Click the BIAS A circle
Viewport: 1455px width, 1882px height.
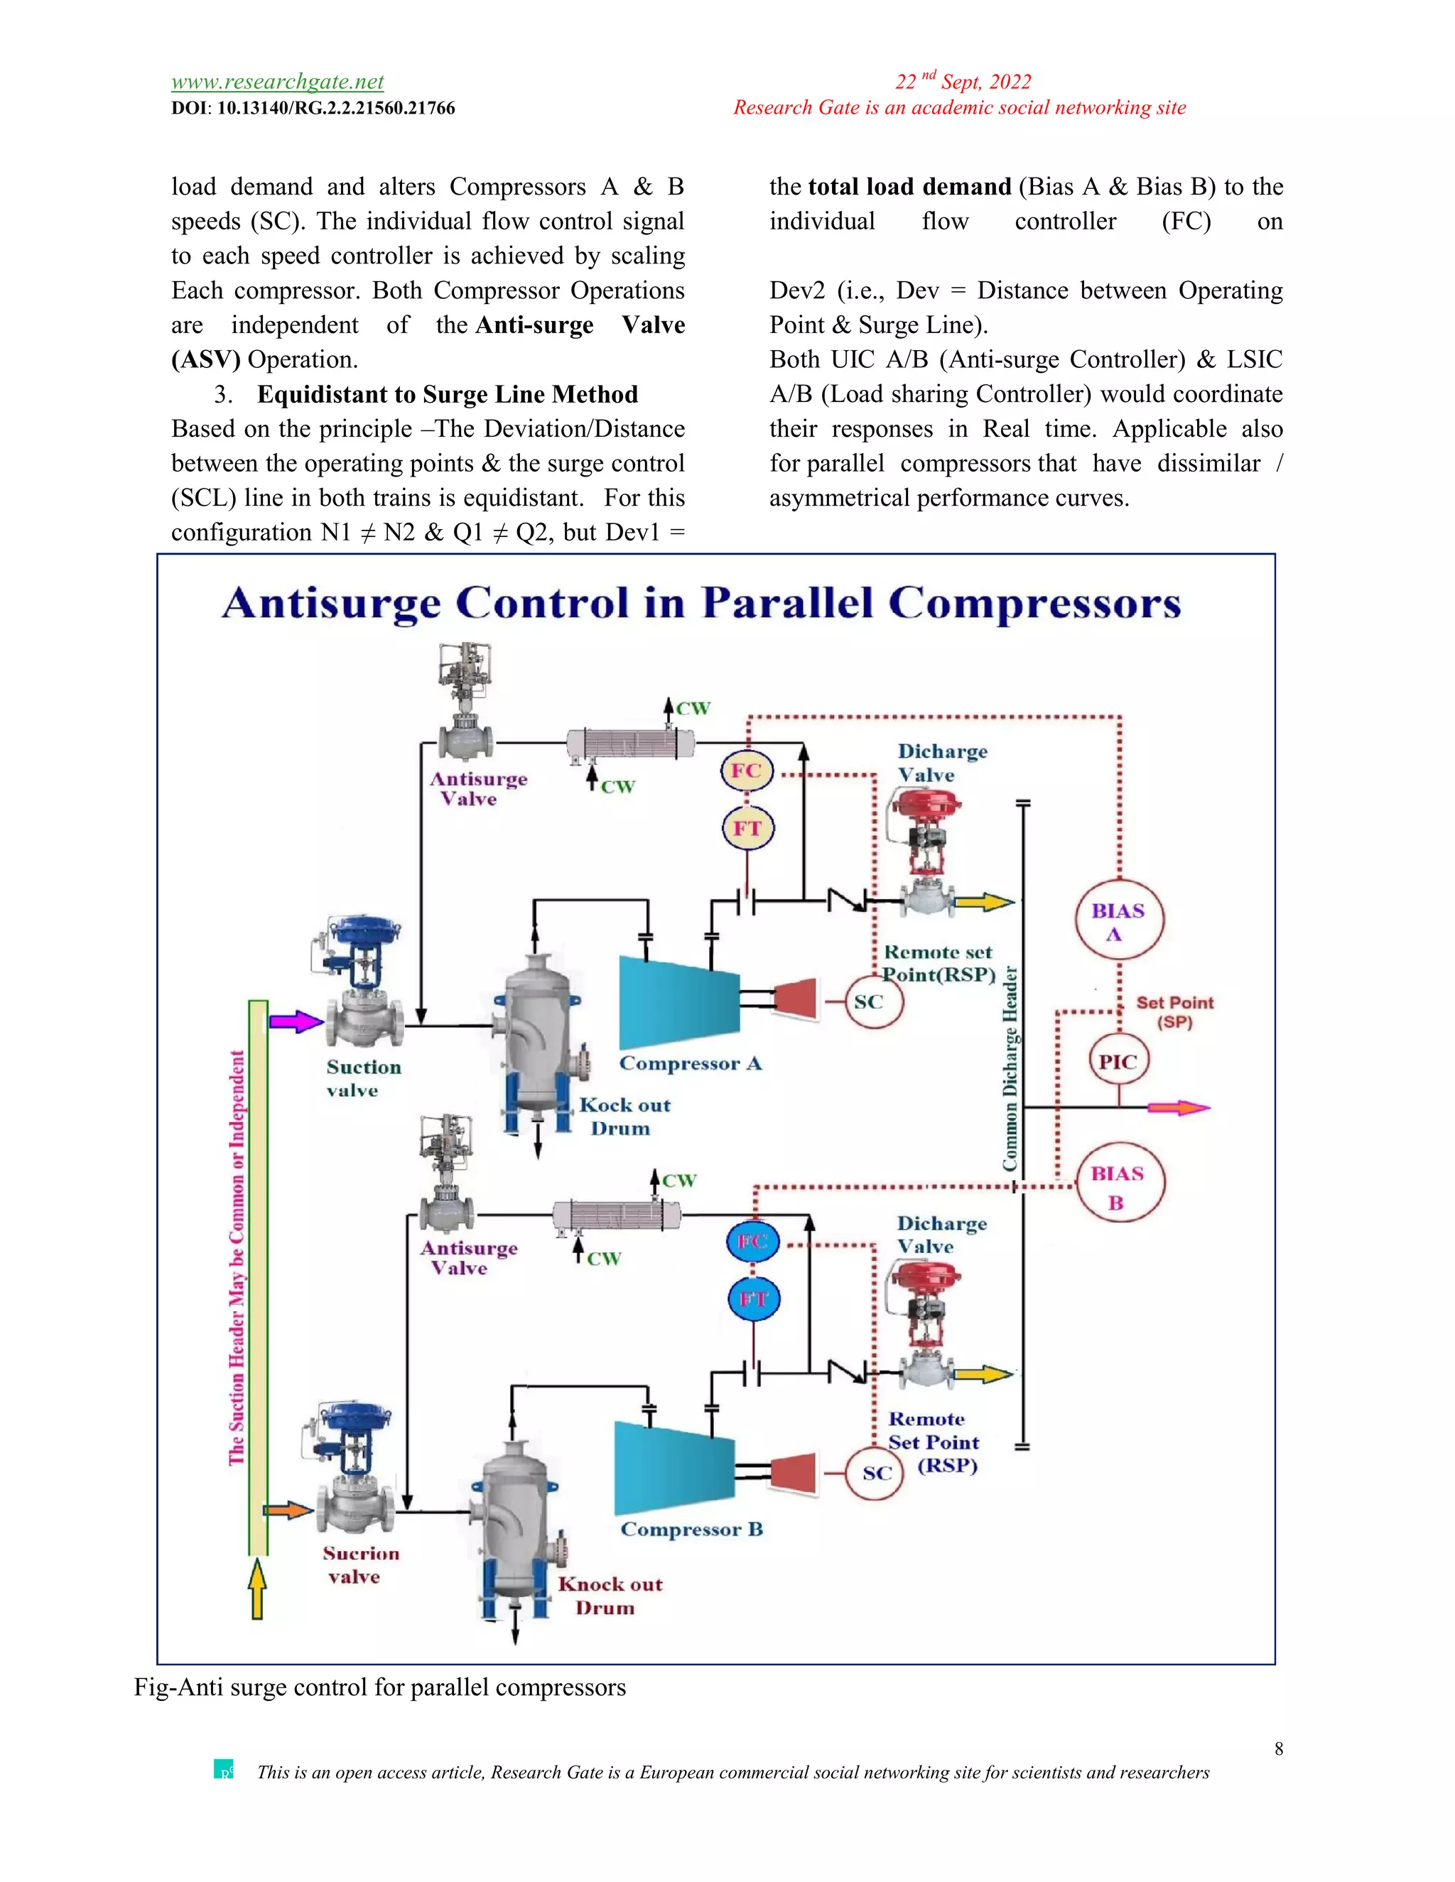point(1119,921)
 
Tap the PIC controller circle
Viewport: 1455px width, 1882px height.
point(1119,1062)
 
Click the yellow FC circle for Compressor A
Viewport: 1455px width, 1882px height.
point(747,771)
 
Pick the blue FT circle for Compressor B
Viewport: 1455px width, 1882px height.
point(753,1299)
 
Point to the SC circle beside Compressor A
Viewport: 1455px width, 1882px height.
point(873,1001)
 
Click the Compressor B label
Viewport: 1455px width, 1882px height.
point(691,1530)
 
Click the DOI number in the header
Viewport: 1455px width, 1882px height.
point(335,109)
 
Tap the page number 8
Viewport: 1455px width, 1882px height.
point(1278,1748)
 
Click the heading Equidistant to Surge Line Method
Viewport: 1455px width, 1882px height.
point(448,395)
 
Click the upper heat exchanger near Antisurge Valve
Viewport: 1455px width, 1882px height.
point(630,743)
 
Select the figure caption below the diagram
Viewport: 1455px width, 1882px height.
point(380,1687)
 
